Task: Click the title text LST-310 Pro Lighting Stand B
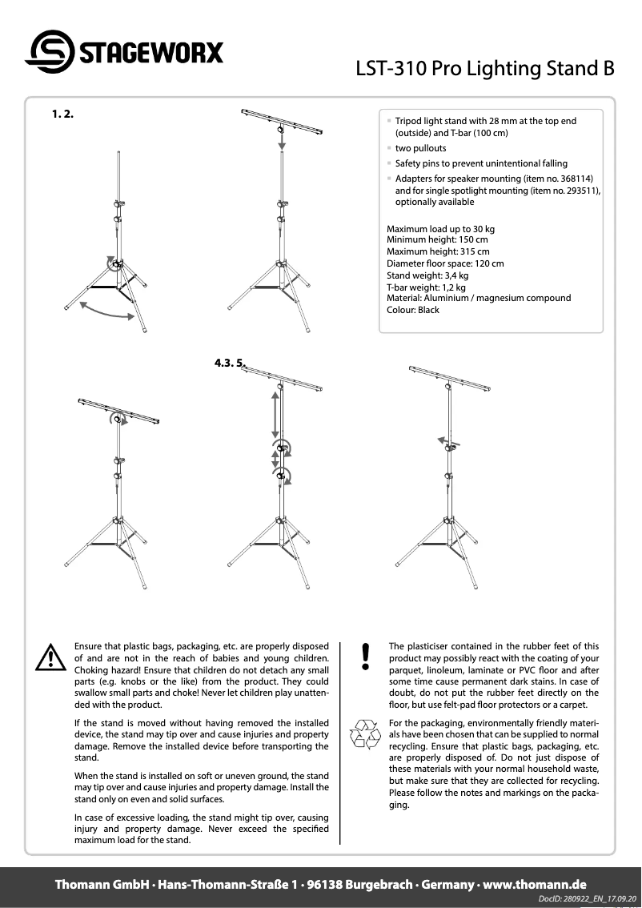(485, 70)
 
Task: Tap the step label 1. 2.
(62, 115)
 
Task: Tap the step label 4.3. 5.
(229, 363)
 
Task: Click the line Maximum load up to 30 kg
(440, 229)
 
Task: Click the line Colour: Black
(412, 310)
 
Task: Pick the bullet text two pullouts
(420, 149)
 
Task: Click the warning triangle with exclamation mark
(50, 657)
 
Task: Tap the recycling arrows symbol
(366, 733)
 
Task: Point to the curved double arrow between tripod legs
(107, 311)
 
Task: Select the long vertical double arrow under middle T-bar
(275, 414)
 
